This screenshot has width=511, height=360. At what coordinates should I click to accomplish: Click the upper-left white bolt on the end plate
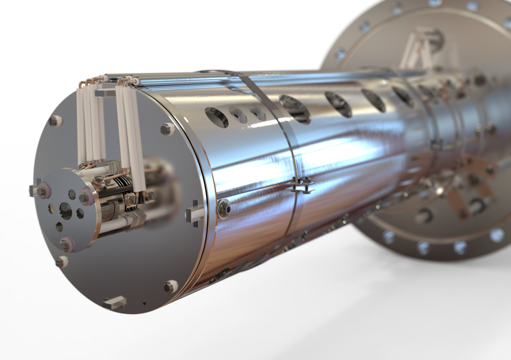pyautogui.click(x=56, y=121)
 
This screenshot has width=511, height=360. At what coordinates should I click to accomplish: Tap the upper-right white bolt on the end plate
pyautogui.click(x=167, y=129)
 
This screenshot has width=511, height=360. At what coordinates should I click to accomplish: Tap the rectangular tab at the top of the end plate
pyautogui.click(x=103, y=93)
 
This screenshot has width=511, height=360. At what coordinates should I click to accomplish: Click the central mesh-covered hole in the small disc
pyautogui.click(x=66, y=211)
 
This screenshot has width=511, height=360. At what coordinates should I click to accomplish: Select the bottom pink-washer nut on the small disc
pyautogui.click(x=66, y=244)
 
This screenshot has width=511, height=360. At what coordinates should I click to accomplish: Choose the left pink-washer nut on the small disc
pyautogui.click(x=44, y=190)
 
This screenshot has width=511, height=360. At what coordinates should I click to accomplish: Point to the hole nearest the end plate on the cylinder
pyautogui.click(x=216, y=117)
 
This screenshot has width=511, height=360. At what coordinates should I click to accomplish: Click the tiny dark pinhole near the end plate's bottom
pyautogui.click(x=144, y=303)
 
